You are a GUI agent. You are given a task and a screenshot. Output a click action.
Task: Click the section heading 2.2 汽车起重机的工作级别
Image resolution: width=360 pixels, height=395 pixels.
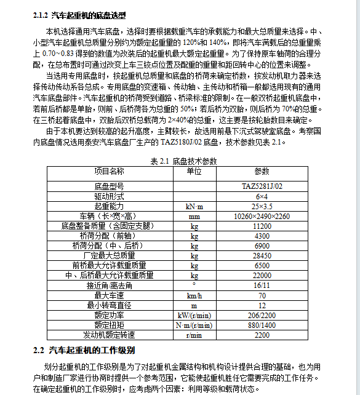[84, 350]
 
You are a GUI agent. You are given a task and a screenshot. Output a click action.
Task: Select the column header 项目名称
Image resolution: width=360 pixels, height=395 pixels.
[109, 171]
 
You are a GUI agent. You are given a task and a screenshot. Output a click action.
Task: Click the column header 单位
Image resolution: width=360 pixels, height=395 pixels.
[194, 171]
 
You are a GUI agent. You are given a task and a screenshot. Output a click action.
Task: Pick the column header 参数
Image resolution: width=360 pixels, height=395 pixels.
[262, 171]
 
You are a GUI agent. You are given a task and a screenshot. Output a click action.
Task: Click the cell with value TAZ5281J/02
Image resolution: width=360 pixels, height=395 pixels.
[262, 186]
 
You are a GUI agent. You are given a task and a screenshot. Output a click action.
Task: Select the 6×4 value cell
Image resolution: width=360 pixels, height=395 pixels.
[262, 196]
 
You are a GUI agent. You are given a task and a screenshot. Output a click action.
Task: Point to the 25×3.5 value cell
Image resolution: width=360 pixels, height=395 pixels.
[262, 205]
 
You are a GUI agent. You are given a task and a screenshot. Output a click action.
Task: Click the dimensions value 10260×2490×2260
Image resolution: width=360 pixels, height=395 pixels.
[262, 216]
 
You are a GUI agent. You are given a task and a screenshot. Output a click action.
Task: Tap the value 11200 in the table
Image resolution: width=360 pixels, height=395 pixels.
[262, 226]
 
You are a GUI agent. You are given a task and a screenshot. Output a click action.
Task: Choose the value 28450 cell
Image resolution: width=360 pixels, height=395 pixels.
[262, 255]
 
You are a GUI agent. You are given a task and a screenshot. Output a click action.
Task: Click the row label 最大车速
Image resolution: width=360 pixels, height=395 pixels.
[109, 295]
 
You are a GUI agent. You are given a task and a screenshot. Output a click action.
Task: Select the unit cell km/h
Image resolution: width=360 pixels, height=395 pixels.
[194, 295]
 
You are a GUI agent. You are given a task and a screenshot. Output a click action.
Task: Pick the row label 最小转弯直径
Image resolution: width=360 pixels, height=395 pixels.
[109, 305]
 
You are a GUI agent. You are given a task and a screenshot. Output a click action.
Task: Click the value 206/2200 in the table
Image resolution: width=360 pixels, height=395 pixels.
[262, 315]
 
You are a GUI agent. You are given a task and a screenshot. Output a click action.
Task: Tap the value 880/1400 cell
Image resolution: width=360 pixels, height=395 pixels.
[262, 325]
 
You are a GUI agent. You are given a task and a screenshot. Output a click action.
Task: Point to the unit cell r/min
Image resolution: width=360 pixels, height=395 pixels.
[194, 335]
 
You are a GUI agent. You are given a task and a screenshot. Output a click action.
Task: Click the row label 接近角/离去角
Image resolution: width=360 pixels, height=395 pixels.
[109, 285]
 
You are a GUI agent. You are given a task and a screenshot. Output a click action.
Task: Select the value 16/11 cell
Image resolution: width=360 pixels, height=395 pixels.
[262, 285]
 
